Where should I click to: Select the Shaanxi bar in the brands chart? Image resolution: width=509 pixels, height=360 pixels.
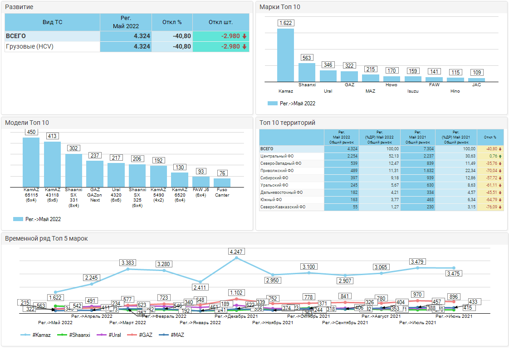tap(307, 72)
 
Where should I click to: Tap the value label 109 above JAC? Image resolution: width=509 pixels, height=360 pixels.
tap(477, 72)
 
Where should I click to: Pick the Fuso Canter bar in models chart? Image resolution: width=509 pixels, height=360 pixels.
tap(222, 182)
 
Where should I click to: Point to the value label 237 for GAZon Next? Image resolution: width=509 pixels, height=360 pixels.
tap(95, 155)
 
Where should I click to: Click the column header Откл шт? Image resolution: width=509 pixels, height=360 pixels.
tap(220, 22)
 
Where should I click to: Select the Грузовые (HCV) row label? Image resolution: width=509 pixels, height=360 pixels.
tap(29, 46)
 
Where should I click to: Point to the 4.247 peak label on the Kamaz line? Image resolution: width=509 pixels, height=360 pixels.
tap(237, 251)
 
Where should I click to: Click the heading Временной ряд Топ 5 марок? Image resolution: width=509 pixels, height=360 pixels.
tap(46, 238)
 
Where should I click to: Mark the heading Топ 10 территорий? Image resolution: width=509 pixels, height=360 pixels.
tap(287, 123)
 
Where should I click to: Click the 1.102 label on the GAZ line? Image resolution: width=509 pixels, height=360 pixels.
tap(236, 293)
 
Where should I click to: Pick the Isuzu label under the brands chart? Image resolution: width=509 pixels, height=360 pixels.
tap(413, 91)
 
